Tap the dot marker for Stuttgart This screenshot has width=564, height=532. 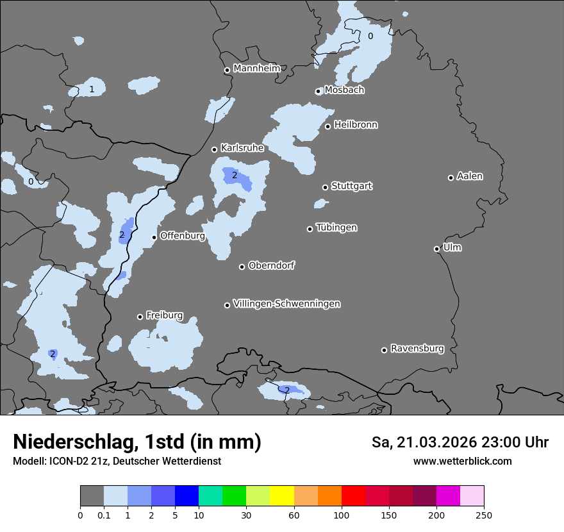click(x=325, y=187)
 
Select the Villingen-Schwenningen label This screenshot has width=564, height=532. click(x=286, y=304)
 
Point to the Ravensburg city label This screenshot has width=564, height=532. click(x=417, y=349)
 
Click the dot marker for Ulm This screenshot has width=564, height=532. click(x=436, y=249)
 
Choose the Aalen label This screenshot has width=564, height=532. click(x=470, y=176)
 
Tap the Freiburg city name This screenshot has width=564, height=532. click(x=164, y=315)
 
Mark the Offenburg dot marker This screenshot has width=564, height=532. click(x=154, y=237)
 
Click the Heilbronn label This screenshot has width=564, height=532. click(x=356, y=124)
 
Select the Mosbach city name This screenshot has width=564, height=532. click(x=344, y=90)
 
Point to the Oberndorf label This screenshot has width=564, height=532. click(x=271, y=265)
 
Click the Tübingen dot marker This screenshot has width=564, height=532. click(x=310, y=229)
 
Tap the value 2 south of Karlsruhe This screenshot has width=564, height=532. click(x=235, y=175)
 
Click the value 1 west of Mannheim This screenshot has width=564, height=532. click(x=92, y=89)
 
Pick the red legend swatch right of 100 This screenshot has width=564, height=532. click(x=353, y=496)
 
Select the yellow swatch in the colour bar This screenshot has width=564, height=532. click(x=282, y=496)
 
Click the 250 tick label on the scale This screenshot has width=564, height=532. click(x=484, y=515)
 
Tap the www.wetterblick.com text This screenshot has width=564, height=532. click(x=462, y=461)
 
